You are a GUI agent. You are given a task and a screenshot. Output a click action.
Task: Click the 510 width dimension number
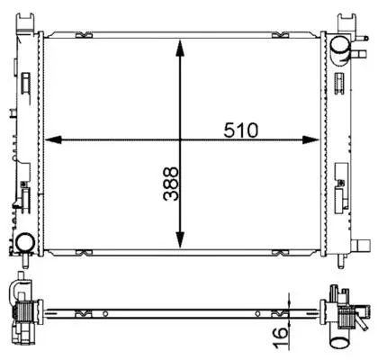click(240, 130)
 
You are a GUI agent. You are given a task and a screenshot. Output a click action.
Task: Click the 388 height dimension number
click(171, 184)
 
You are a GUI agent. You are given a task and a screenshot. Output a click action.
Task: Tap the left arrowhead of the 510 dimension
click(53, 139)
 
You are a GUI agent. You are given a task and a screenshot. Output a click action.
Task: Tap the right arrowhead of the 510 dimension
click(310, 139)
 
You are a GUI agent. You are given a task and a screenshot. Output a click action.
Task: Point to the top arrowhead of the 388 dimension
click(180, 48)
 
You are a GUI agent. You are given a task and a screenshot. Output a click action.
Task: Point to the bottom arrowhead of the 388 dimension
click(180, 240)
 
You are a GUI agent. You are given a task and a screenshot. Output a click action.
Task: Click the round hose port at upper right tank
click(340, 45)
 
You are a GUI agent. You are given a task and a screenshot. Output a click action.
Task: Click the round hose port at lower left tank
click(25, 243)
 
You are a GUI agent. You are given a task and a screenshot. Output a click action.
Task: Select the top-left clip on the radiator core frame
click(84, 35)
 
